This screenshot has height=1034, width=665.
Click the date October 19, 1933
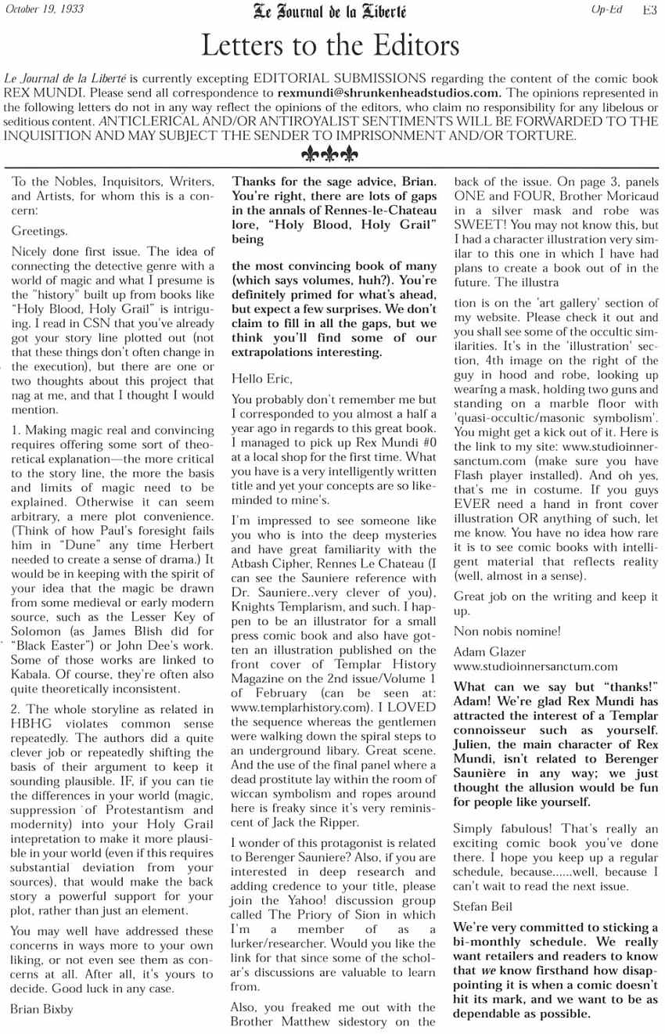[45, 9]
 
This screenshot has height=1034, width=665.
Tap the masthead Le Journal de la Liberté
[329, 11]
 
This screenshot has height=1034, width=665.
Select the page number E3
[649, 10]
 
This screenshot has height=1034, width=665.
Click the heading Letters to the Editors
[330, 46]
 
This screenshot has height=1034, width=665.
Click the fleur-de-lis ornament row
[330, 154]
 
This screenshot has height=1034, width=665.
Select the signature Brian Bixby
[42, 1010]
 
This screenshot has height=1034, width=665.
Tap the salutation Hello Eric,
[263, 379]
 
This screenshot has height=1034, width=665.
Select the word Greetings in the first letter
[39, 232]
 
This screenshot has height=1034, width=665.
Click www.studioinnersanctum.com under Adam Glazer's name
[535, 667]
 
